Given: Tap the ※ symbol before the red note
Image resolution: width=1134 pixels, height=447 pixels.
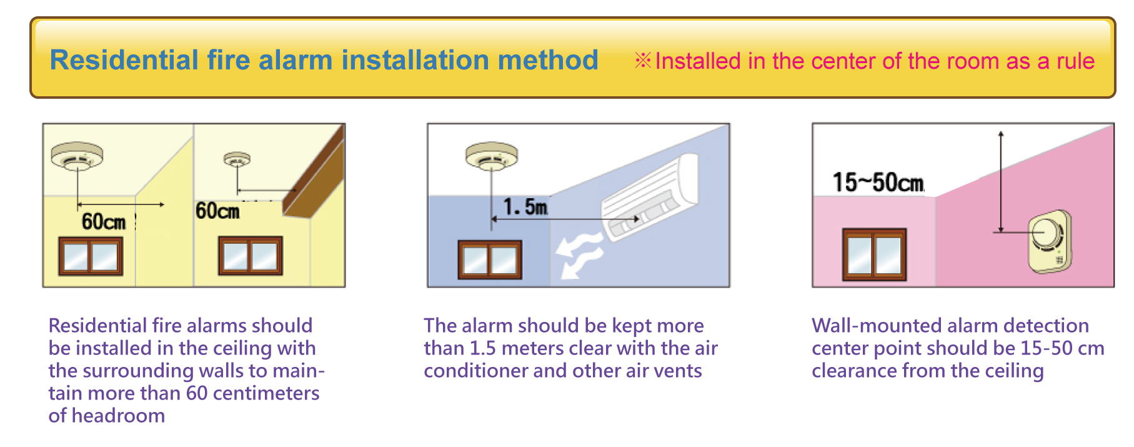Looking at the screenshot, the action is click(643, 61).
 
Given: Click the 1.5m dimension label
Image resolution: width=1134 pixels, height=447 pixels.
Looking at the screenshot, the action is click(525, 206).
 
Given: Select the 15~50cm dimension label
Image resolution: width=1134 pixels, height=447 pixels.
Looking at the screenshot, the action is click(878, 183).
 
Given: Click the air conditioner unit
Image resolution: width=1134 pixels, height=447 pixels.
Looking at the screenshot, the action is click(650, 196).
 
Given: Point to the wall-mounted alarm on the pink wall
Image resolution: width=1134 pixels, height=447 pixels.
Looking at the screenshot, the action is click(1050, 241).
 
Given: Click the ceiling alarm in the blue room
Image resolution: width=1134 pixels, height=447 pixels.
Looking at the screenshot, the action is click(492, 156).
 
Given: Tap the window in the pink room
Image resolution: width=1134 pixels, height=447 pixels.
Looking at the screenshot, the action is click(874, 254).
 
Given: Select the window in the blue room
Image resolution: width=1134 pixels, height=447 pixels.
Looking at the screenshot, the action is click(490, 259).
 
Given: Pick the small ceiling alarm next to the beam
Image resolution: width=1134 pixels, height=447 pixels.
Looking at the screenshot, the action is click(237, 160).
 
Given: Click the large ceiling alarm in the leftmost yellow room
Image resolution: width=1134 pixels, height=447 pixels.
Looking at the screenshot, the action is click(77, 156).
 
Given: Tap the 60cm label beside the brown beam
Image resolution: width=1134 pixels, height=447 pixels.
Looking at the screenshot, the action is click(217, 211).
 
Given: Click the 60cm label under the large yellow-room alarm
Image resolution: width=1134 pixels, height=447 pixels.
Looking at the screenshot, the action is click(104, 221).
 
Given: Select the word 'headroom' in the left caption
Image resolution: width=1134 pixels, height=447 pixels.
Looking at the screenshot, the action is click(118, 416).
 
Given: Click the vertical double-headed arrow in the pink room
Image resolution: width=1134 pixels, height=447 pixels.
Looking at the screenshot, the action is click(1001, 182).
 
